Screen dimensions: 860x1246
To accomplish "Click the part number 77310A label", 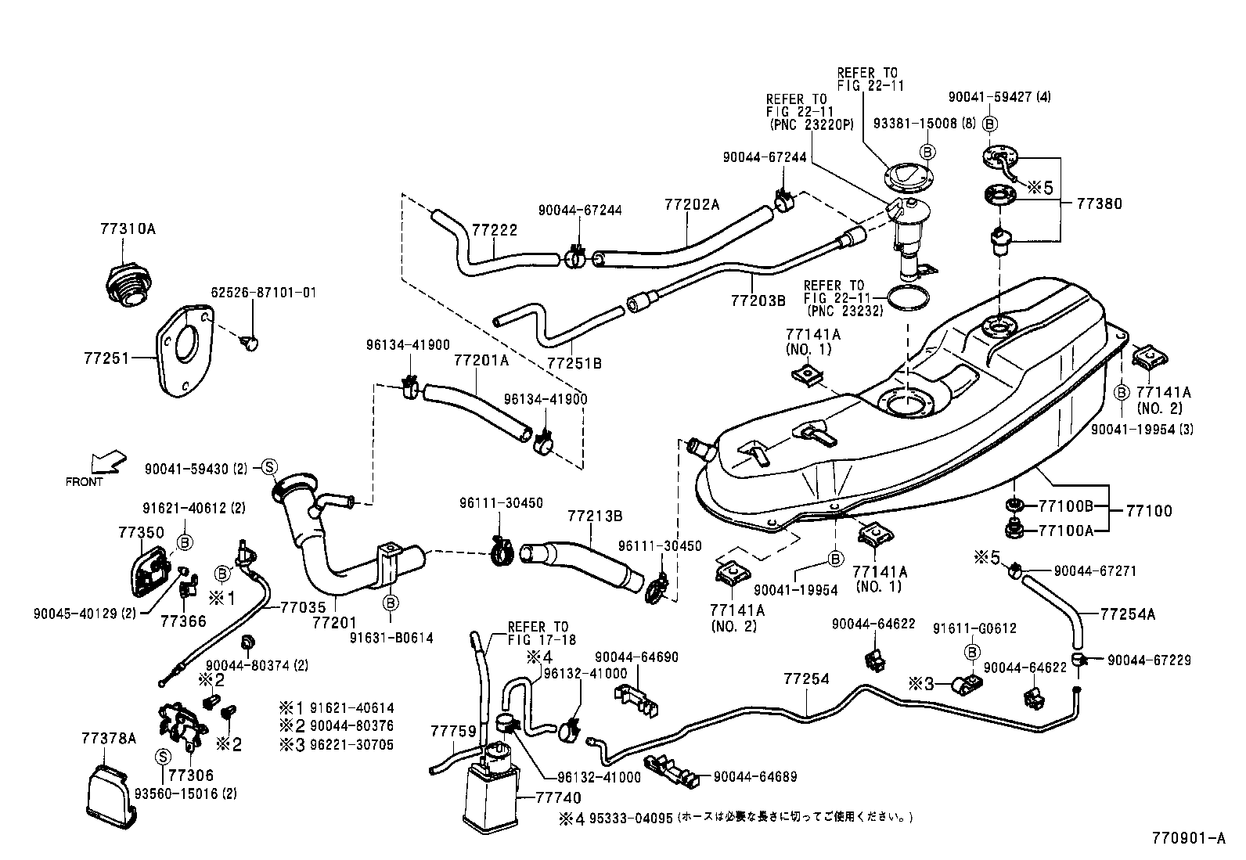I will point(128,229).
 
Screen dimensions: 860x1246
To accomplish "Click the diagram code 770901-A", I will point(1187,839).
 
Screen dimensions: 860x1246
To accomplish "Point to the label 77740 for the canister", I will point(558,797).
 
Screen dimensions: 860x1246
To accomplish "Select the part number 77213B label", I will point(595,516).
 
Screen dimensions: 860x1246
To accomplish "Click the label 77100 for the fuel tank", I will point(1149,511).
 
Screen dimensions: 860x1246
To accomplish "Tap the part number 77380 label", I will point(1099,203).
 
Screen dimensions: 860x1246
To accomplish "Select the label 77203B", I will point(758,299).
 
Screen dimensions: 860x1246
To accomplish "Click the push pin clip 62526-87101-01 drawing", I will point(251,343).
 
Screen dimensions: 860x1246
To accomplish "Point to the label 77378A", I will point(108,738).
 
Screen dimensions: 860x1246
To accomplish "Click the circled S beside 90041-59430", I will point(268,468).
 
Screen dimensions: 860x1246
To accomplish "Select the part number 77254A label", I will point(1128,614).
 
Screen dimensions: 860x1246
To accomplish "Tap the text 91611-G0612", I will point(974,628).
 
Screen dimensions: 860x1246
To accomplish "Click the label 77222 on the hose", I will point(495,229).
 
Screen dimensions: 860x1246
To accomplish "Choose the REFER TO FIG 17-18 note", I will point(542,633).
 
